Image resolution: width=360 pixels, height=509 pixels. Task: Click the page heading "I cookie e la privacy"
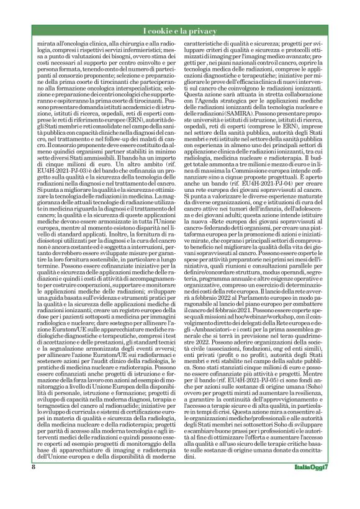click(180, 31)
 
